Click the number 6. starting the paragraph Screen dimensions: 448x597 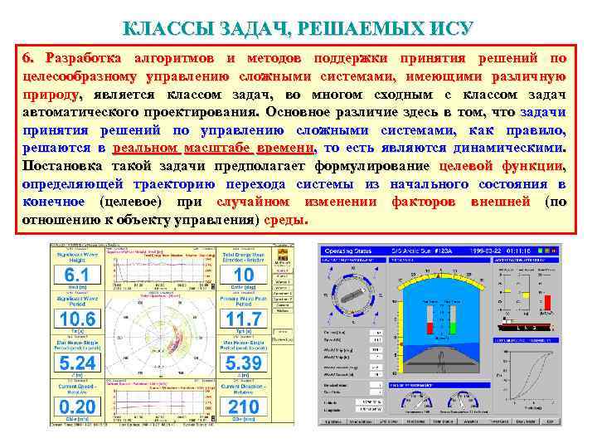30,58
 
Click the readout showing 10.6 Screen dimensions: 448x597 77,319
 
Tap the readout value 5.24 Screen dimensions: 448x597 77,363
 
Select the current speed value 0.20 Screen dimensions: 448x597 77,407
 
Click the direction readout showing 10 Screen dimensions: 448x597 244,275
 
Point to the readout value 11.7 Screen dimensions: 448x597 244,319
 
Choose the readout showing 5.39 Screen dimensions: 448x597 244,363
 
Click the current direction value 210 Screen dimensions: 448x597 244,407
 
